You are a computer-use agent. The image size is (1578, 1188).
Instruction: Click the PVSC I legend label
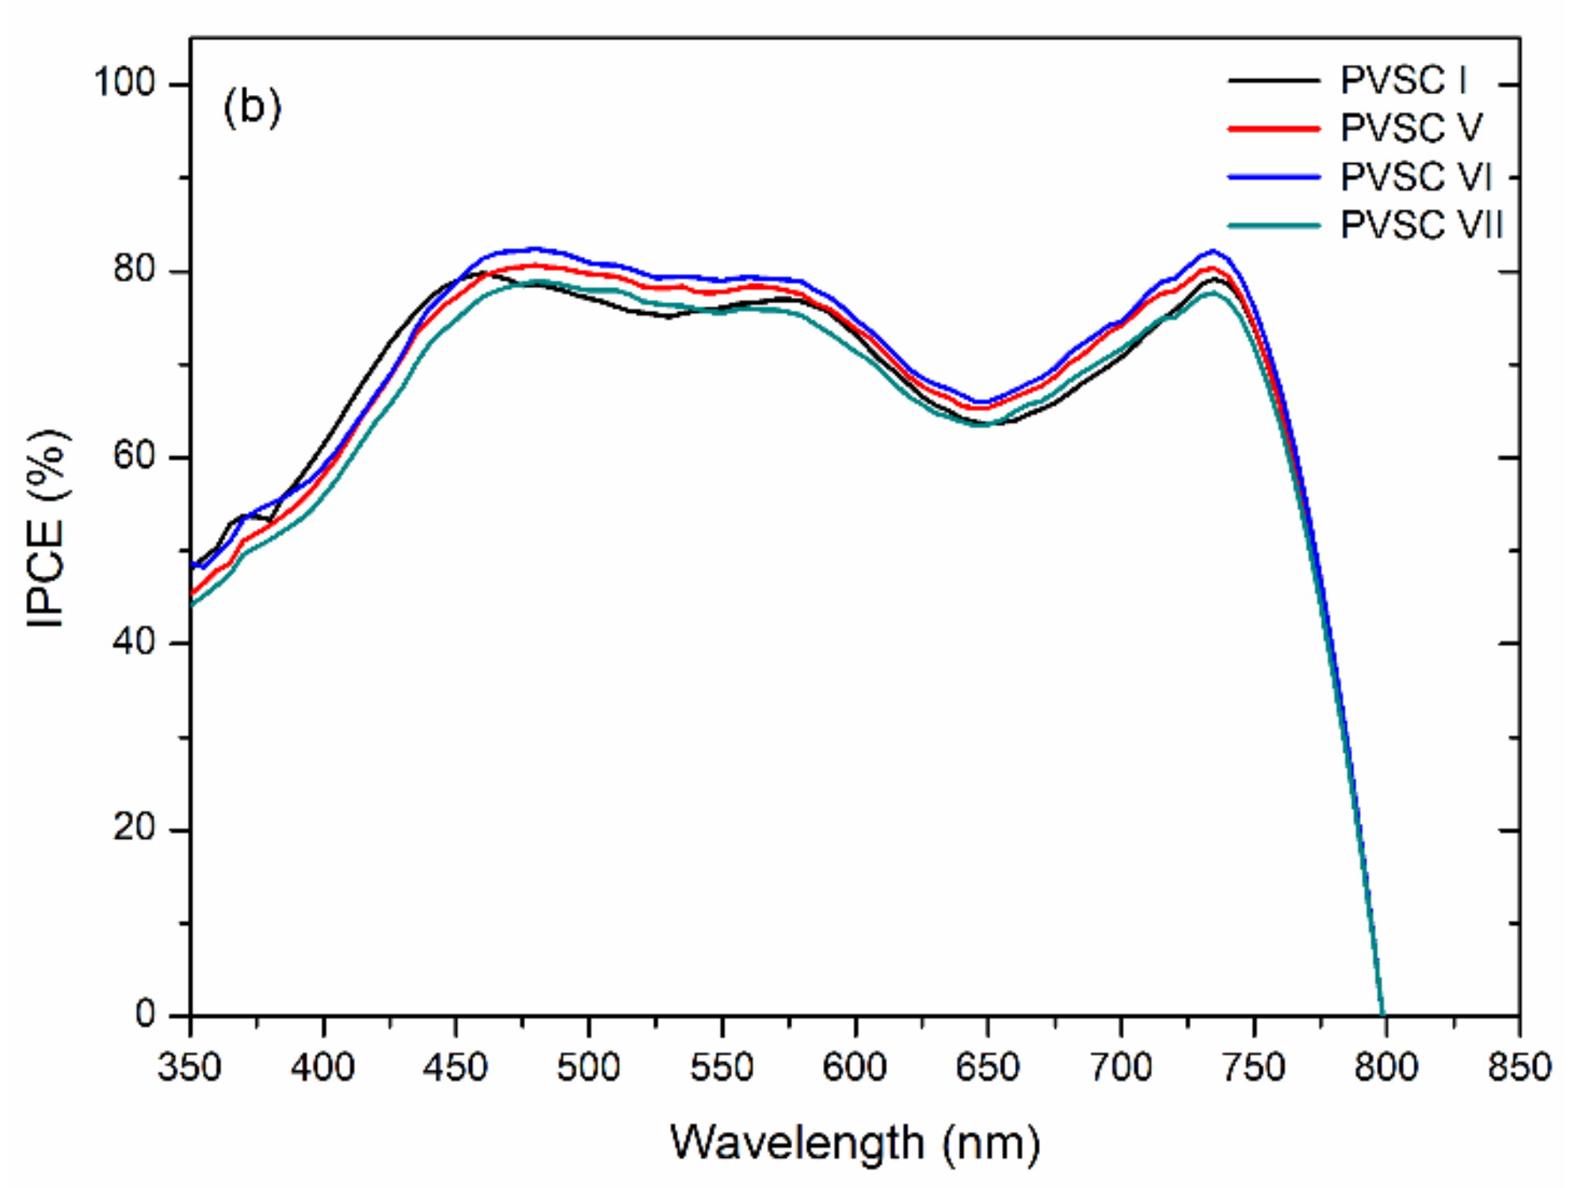tap(1403, 81)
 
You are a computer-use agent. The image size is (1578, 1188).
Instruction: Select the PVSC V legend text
tap(1411, 128)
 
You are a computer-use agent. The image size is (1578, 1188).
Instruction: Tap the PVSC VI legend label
tap(1416, 177)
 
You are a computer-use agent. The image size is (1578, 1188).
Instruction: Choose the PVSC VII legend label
tap(1421, 226)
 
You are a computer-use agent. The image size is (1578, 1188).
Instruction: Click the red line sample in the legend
tap(1274, 128)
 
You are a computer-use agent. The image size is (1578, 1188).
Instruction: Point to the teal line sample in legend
tap(1274, 226)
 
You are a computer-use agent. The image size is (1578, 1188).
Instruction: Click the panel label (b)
tap(252, 106)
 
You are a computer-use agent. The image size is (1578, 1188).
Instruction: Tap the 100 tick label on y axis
tap(124, 82)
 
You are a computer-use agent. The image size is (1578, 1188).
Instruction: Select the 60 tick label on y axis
tap(134, 457)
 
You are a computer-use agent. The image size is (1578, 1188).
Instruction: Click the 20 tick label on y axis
tap(134, 829)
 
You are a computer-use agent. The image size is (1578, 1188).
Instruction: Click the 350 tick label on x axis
tap(189, 1068)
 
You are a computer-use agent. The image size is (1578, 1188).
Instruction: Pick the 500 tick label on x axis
tap(589, 1068)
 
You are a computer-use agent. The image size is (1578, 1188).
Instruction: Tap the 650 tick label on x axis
tap(988, 1068)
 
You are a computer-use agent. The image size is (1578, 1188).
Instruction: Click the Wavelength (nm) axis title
tap(855, 1143)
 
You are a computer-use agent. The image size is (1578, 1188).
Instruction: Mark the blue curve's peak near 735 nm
tap(1212, 251)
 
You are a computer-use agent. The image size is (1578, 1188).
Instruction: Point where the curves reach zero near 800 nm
tap(1383, 1014)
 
